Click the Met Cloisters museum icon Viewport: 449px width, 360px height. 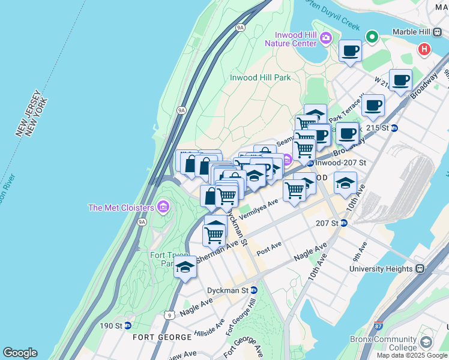click(163, 208)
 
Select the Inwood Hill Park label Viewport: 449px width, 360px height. click(261, 77)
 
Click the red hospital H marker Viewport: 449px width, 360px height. click(424, 49)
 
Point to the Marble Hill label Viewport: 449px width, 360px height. click(412, 32)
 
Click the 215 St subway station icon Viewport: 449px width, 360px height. click(394, 128)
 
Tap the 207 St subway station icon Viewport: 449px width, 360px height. click(344, 223)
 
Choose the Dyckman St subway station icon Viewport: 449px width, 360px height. click(253, 290)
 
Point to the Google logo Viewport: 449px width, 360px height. click(20, 353)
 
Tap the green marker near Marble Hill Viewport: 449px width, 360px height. click(372, 38)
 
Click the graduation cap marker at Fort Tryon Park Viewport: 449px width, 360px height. click(185, 267)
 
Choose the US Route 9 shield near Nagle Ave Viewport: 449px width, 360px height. click(170, 315)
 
